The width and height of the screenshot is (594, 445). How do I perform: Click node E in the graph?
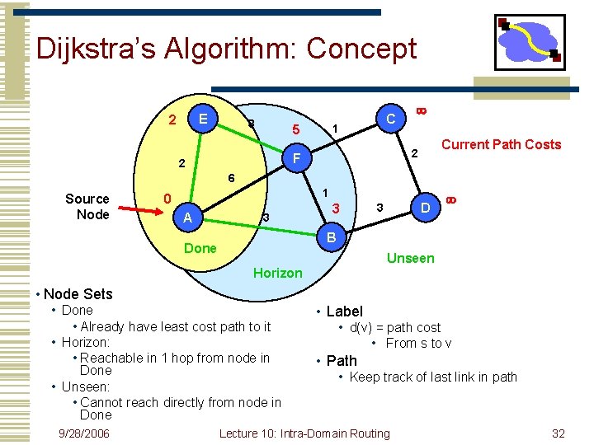click(202, 119)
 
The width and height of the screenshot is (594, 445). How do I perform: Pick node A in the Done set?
click(188, 218)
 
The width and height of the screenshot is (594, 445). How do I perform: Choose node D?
click(424, 208)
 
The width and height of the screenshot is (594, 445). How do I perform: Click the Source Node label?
click(87, 207)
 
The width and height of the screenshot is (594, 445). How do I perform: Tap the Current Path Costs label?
click(501, 145)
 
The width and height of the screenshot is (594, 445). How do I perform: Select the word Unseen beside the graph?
click(410, 258)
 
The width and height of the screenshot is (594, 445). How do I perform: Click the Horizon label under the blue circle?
click(278, 273)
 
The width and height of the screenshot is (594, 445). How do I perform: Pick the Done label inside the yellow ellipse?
click(200, 248)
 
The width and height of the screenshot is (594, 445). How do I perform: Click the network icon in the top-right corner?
click(528, 41)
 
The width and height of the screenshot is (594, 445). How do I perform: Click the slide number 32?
click(559, 433)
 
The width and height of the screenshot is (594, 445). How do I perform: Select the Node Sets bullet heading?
click(78, 293)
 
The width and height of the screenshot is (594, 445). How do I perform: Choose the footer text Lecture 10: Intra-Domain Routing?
click(305, 433)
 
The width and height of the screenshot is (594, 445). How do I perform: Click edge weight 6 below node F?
click(232, 178)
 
